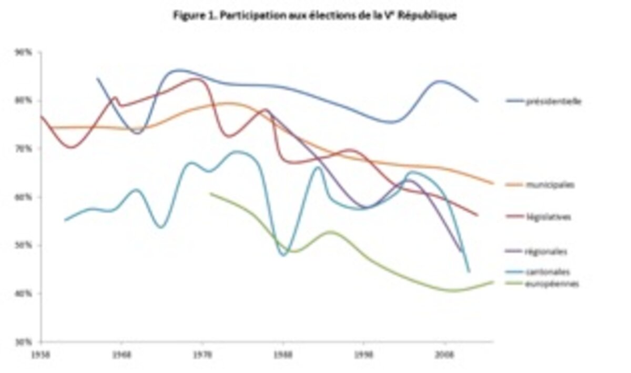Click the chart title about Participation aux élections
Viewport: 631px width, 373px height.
tap(314, 16)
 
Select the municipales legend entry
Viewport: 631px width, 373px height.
tap(550, 185)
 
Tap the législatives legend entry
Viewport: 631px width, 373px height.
tap(548, 217)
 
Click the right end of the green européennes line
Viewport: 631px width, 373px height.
tap(493, 282)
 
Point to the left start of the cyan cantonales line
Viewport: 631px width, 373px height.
tap(65, 220)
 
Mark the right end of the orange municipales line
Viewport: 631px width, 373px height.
tap(493, 183)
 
